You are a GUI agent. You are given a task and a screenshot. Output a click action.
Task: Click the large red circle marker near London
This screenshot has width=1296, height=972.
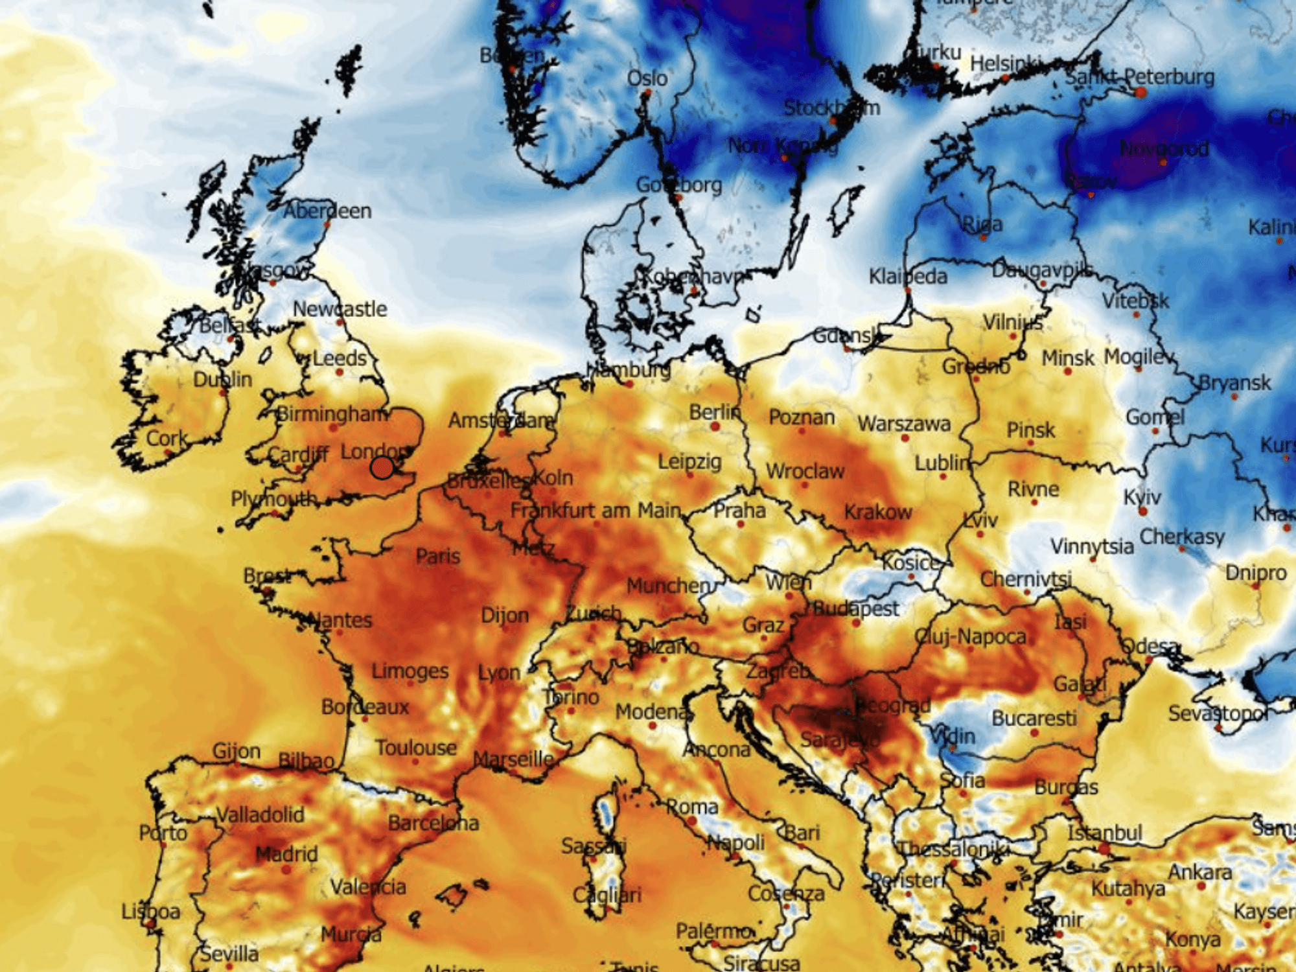(x=382, y=467)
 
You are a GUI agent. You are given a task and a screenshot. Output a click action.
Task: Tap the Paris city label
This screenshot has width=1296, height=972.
(x=438, y=556)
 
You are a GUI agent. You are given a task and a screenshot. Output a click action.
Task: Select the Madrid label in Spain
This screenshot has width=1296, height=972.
(x=286, y=854)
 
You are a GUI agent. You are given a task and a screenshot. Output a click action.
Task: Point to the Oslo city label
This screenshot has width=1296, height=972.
(x=647, y=78)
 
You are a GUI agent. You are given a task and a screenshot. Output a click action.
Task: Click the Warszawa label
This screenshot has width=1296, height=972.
(x=904, y=424)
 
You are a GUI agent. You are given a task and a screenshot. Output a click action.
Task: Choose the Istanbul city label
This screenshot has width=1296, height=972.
(x=1104, y=832)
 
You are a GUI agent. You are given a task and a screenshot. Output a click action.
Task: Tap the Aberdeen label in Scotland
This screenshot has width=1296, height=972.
(x=327, y=211)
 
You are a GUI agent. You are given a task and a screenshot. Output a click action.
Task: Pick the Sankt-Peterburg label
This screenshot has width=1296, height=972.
(x=1140, y=77)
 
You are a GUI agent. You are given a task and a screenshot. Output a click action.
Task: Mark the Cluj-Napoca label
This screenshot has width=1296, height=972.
(x=970, y=636)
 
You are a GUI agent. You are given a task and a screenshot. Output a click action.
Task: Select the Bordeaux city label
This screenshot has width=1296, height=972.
(x=365, y=706)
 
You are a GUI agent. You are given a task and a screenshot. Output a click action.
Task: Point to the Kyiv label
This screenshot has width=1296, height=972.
(x=1142, y=497)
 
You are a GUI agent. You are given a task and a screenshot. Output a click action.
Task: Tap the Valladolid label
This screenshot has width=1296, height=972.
(x=260, y=814)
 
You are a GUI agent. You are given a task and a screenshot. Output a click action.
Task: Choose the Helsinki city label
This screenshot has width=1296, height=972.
(x=1006, y=64)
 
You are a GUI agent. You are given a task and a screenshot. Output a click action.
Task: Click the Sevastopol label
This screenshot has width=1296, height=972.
(x=1218, y=713)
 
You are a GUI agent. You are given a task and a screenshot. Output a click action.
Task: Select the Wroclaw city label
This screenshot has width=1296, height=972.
(x=805, y=470)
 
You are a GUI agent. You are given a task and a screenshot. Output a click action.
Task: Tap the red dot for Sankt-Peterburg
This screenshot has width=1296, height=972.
(x=1140, y=93)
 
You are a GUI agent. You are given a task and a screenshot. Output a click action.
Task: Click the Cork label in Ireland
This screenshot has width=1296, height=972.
(x=167, y=438)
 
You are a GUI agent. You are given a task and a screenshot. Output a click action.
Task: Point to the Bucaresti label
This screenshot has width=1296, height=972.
(x=1034, y=718)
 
